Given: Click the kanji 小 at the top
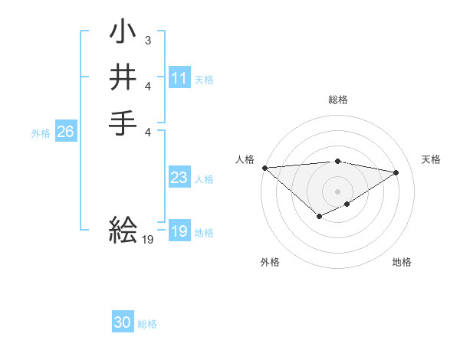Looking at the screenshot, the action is pyautogui.click(x=123, y=34).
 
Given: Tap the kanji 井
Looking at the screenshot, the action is pyautogui.click(x=123, y=77).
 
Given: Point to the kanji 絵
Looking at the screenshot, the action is pyautogui.click(x=123, y=228).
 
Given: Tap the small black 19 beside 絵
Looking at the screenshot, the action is pyautogui.click(x=148, y=240).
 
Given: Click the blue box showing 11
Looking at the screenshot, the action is pyautogui.click(x=179, y=78).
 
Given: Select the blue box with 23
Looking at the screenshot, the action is pyautogui.click(x=179, y=178).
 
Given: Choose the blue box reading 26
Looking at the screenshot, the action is pyautogui.click(x=65, y=132).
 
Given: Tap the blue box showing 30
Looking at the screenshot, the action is pyautogui.click(x=123, y=323).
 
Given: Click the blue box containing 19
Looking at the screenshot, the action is pyautogui.click(x=179, y=231).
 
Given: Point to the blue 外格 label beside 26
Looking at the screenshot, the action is pyautogui.click(x=41, y=133).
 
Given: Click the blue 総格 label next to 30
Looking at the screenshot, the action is pyautogui.click(x=147, y=324).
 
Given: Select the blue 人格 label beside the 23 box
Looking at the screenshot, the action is pyautogui.click(x=204, y=178).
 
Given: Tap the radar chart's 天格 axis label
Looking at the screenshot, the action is pyautogui.click(x=431, y=159).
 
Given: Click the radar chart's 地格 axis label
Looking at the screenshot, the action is pyautogui.click(x=402, y=262).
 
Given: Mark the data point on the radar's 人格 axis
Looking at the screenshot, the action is pyautogui.click(x=264, y=168).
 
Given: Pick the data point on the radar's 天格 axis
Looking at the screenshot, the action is pyautogui.click(x=396, y=172).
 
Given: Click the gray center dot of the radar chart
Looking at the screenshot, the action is pyautogui.click(x=337, y=191).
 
